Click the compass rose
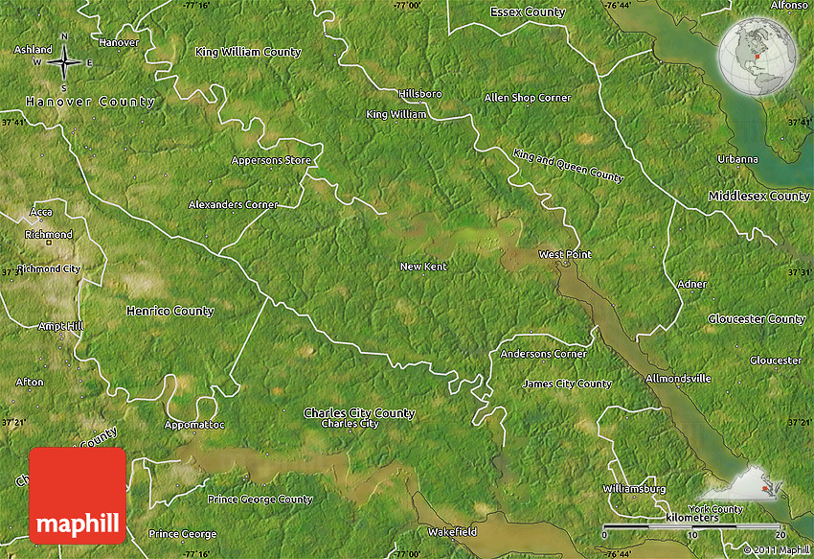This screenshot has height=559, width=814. (x=64, y=62)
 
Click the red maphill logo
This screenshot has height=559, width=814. (x=78, y=496)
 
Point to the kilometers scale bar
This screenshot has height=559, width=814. (x=693, y=529)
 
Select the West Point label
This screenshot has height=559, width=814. (x=564, y=254)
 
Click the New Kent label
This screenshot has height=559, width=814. (x=423, y=267)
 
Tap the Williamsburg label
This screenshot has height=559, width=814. (x=634, y=488)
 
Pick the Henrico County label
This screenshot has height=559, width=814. (x=170, y=311)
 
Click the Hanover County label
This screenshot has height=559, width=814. (x=90, y=102)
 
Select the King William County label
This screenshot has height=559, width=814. (x=247, y=52)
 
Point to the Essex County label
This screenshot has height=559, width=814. (x=527, y=12)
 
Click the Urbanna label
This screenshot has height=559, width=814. (x=737, y=159)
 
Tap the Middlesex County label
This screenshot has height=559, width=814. (x=758, y=196)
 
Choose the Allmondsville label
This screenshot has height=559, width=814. (x=678, y=379)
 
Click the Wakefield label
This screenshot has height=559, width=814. (x=452, y=530)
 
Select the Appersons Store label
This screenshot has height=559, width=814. (x=271, y=160)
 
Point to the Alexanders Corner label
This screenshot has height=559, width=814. (x=233, y=204)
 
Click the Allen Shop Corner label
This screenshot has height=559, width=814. (x=527, y=98)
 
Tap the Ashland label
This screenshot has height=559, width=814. (x=34, y=49)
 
